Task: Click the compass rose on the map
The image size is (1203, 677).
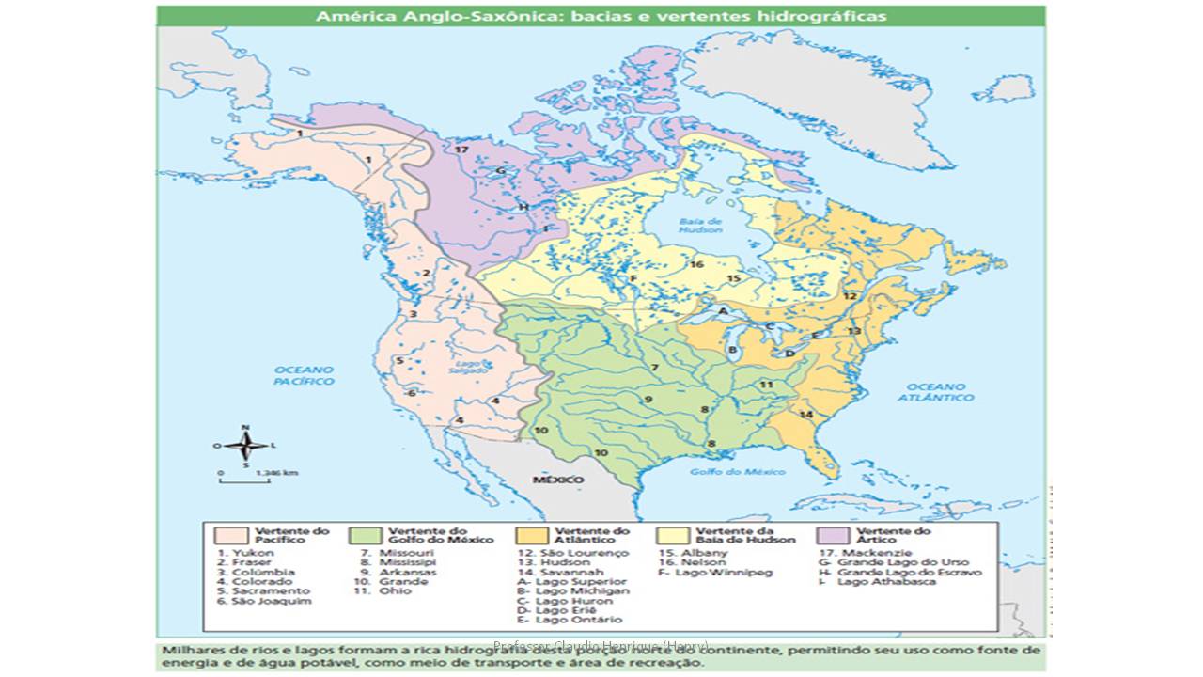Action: [245, 445]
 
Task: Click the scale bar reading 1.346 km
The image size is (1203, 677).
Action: [244, 478]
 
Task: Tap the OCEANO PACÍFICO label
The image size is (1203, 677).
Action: [304, 375]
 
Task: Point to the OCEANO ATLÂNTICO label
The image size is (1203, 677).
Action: [941, 392]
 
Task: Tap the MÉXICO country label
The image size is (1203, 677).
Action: [558, 480]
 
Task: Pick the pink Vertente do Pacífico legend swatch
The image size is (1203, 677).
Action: [229, 535]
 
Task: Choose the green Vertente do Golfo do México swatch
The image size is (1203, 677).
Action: [364, 535]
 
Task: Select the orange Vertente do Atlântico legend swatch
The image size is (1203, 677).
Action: [531, 535]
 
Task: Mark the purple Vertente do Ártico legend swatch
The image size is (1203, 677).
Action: [834, 535]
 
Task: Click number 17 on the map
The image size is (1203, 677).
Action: [461, 150]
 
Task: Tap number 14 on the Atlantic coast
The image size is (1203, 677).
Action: [805, 414]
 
